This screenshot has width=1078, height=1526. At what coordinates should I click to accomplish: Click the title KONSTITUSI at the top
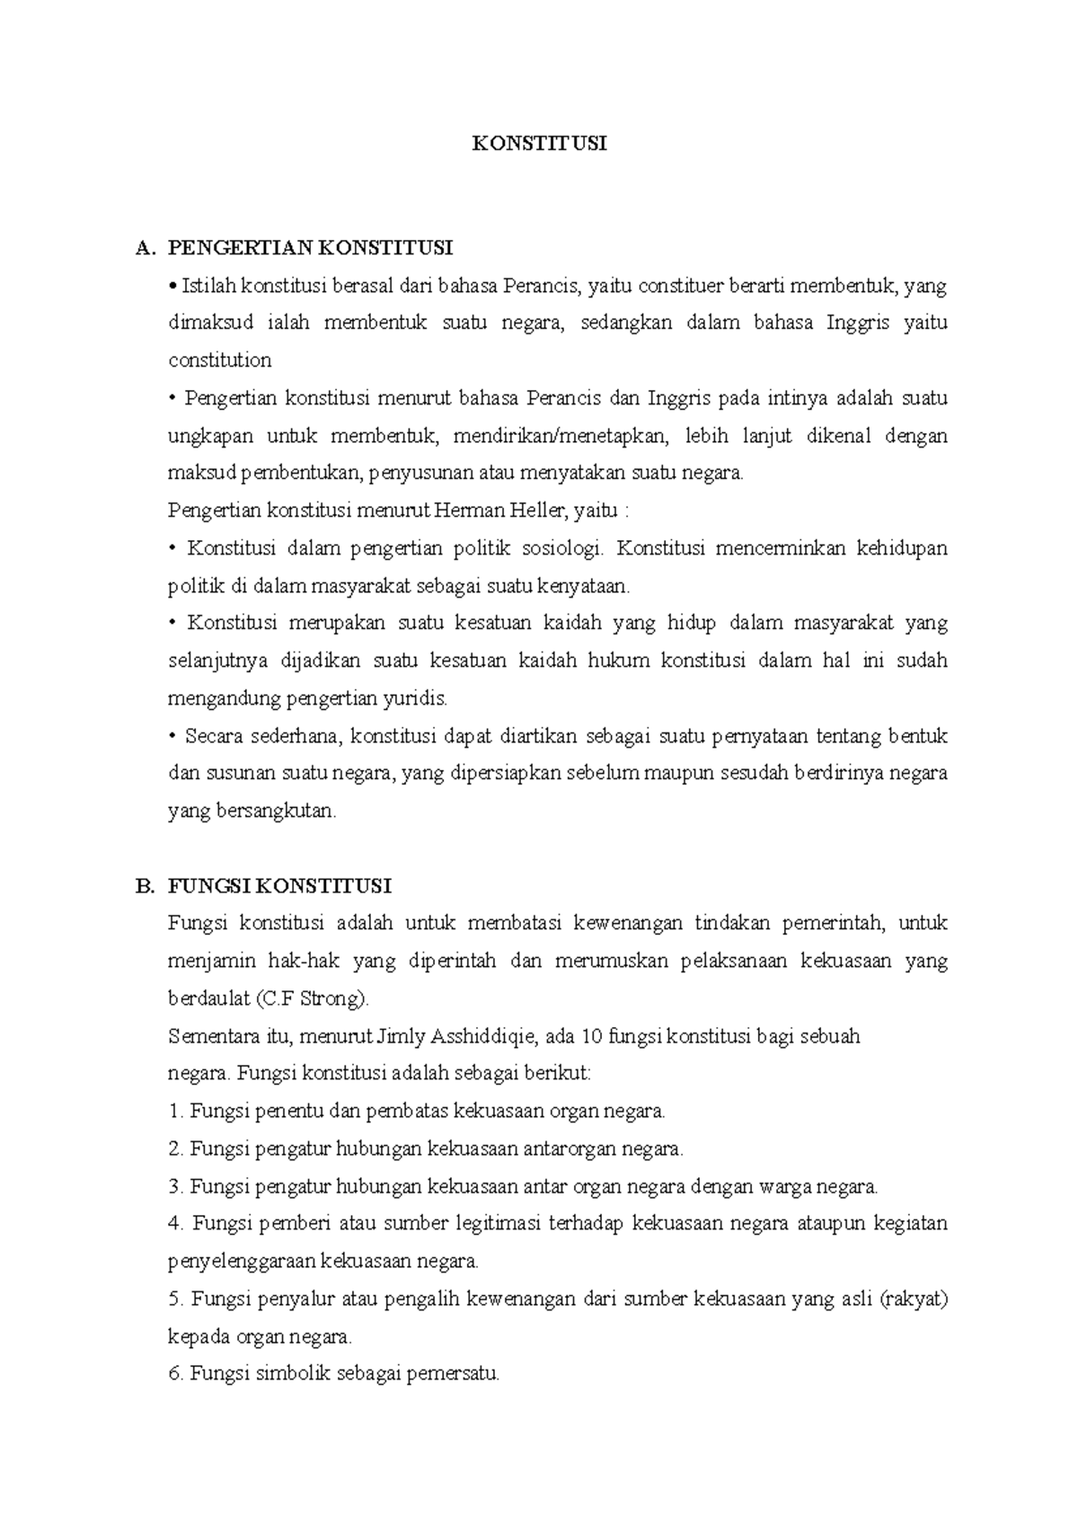(540, 144)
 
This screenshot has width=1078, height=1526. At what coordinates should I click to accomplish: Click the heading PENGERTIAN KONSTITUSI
(311, 247)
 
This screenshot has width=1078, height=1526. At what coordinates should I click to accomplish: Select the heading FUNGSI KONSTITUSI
(279, 886)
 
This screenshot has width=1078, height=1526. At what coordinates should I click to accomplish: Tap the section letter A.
(142, 248)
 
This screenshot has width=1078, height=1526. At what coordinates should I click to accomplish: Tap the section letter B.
(142, 887)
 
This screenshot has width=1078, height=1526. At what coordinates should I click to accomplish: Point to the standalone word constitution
(220, 361)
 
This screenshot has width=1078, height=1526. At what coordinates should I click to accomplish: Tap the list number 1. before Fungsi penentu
(176, 1111)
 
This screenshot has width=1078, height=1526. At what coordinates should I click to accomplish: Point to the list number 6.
(176, 1373)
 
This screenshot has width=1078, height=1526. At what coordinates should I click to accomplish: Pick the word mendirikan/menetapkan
(561, 437)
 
